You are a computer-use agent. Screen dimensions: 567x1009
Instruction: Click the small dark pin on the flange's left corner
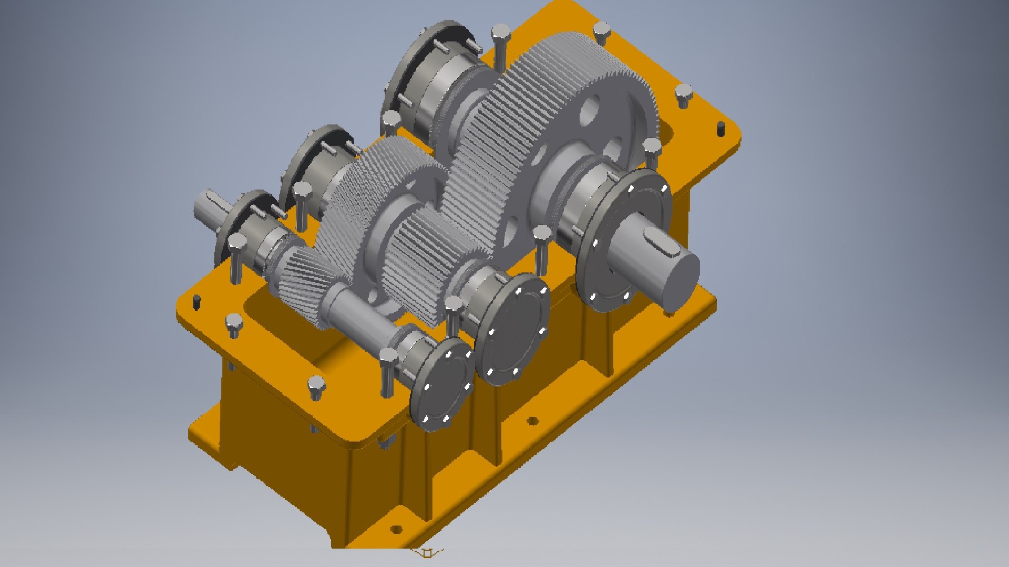197,301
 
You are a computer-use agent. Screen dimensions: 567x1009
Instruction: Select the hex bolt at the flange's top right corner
683,94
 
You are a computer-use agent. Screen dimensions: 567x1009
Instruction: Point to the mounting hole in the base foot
532,421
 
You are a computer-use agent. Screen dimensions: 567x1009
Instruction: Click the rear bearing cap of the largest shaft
420,79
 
